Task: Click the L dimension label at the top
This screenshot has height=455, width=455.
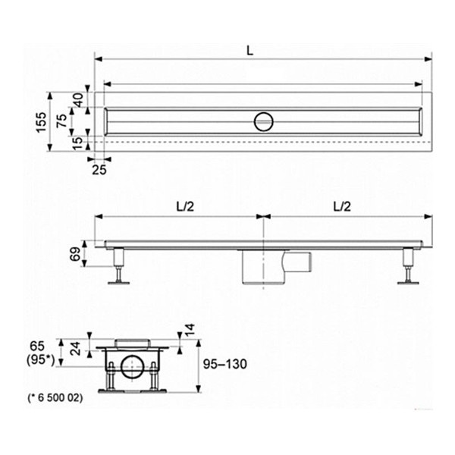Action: point(249,51)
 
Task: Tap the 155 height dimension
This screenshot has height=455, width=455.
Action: point(41,122)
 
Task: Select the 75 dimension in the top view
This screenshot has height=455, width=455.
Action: point(61,121)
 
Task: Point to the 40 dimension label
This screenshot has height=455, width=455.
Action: point(78,99)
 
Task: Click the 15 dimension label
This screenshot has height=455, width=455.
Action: point(77,143)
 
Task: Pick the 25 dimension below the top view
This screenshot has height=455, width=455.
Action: point(99,170)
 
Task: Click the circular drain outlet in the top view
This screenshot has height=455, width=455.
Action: point(263,122)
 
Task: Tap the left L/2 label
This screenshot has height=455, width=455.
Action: point(185,206)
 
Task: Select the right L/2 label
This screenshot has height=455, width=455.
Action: point(342,206)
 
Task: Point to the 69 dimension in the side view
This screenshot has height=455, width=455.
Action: point(75,254)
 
